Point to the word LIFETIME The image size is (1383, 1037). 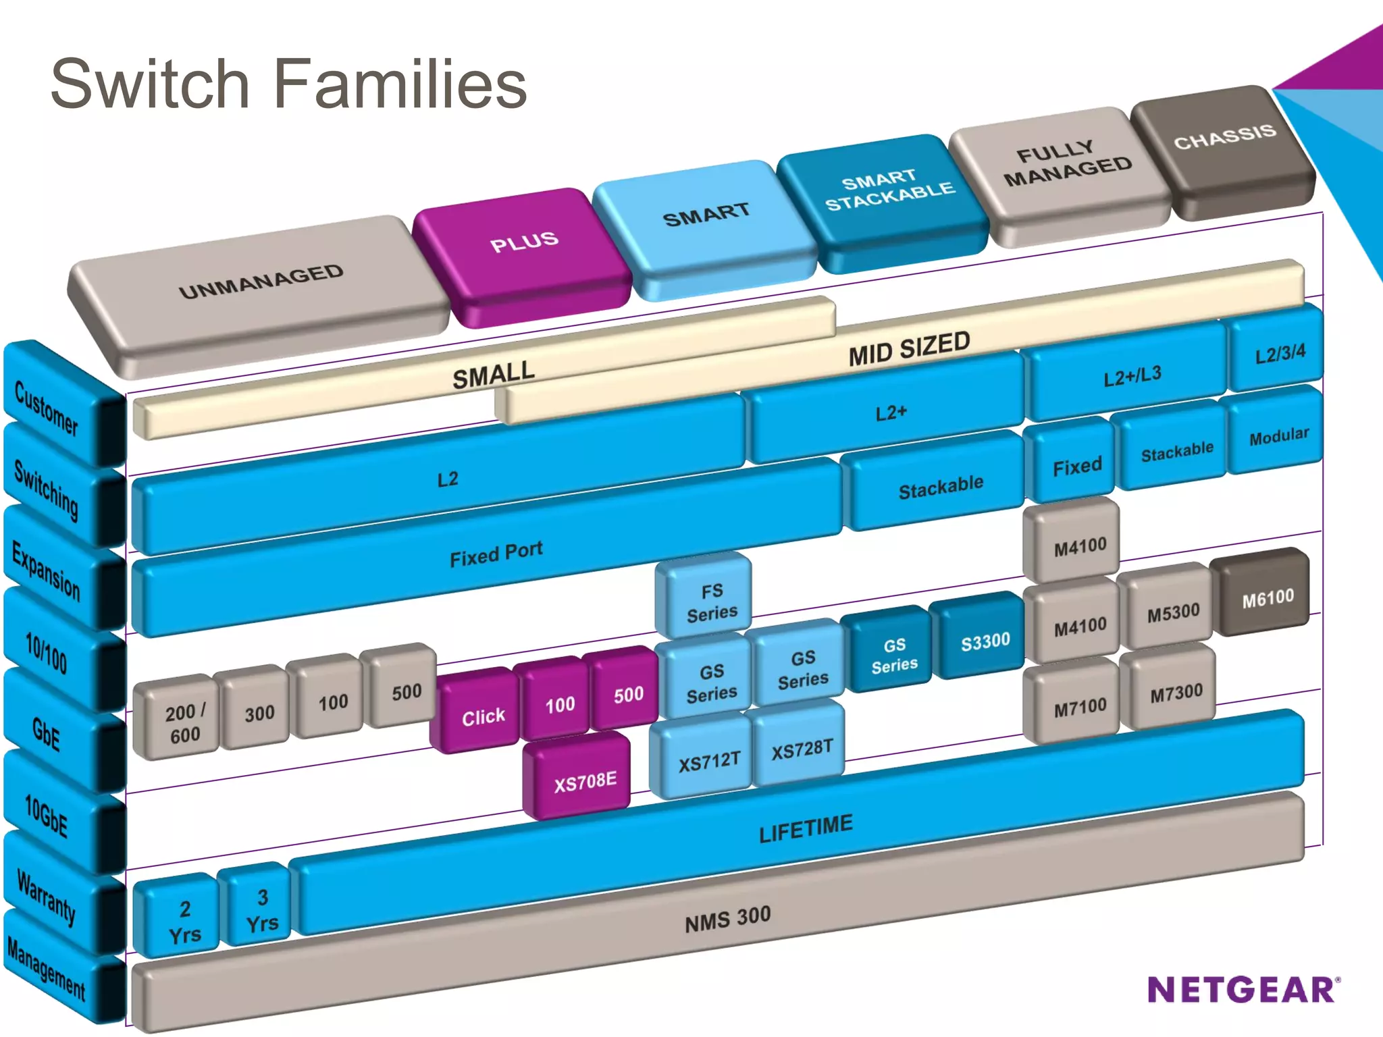(805, 828)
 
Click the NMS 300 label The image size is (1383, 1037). (727, 919)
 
